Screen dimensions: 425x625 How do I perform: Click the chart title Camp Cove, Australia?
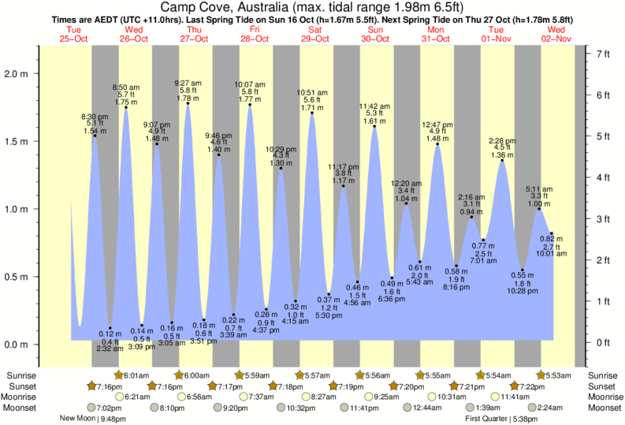(311, 7)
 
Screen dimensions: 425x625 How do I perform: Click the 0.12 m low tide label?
(110, 334)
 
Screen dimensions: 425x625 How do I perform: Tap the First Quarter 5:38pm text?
(501, 419)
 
